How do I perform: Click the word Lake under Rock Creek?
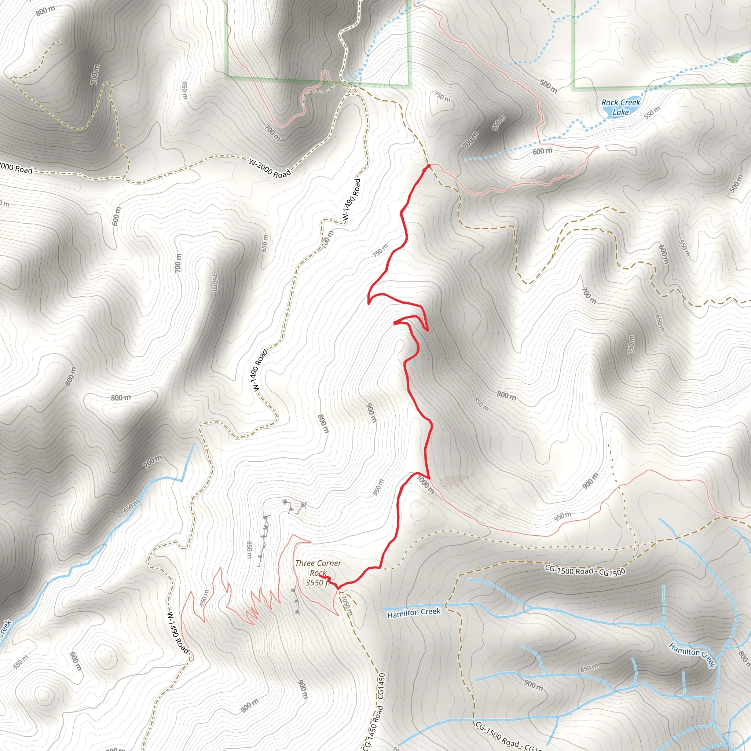tap(620, 112)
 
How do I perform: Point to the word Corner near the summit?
tap(329, 563)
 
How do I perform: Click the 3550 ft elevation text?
tap(317, 582)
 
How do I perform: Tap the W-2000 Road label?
tap(270, 168)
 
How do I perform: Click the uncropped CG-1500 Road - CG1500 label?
tap(585, 571)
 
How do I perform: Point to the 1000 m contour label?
tap(426, 485)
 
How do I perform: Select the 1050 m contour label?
tap(347, 605)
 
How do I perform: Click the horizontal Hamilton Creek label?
tap(414, 613)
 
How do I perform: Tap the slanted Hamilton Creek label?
tap(692, 655)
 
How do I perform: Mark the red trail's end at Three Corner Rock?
tap(320, 576)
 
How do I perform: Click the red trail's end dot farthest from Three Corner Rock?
tap(428, 166)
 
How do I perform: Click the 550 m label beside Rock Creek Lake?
tap(652, 113)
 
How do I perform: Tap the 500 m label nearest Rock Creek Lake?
tap(548, 86)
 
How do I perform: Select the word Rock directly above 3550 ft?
tap(318, 573)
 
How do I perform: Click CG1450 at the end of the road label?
tap(381, 686)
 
